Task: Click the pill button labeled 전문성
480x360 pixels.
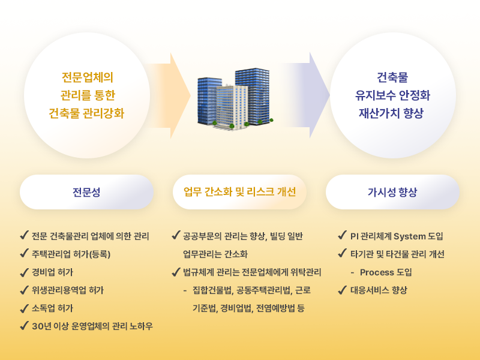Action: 86,192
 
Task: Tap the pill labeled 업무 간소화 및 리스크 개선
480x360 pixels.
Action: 239,192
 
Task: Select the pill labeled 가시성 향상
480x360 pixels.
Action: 392,192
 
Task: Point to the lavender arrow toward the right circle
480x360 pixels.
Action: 307,95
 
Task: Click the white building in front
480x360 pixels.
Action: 232,107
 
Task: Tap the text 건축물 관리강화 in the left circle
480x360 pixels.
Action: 86,113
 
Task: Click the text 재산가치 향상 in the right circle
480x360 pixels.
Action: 392,113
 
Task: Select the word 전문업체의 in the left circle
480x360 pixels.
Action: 88,77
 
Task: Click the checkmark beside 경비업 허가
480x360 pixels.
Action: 25,272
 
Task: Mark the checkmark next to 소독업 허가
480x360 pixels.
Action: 25,308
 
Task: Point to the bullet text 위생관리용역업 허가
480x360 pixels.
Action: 68,290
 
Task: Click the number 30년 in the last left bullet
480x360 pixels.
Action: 41,326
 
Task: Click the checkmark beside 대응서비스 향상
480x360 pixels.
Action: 343,290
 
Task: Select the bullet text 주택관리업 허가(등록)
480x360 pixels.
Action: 71,254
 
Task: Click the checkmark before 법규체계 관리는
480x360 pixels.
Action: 176,272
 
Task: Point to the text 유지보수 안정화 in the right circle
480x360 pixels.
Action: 392,95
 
